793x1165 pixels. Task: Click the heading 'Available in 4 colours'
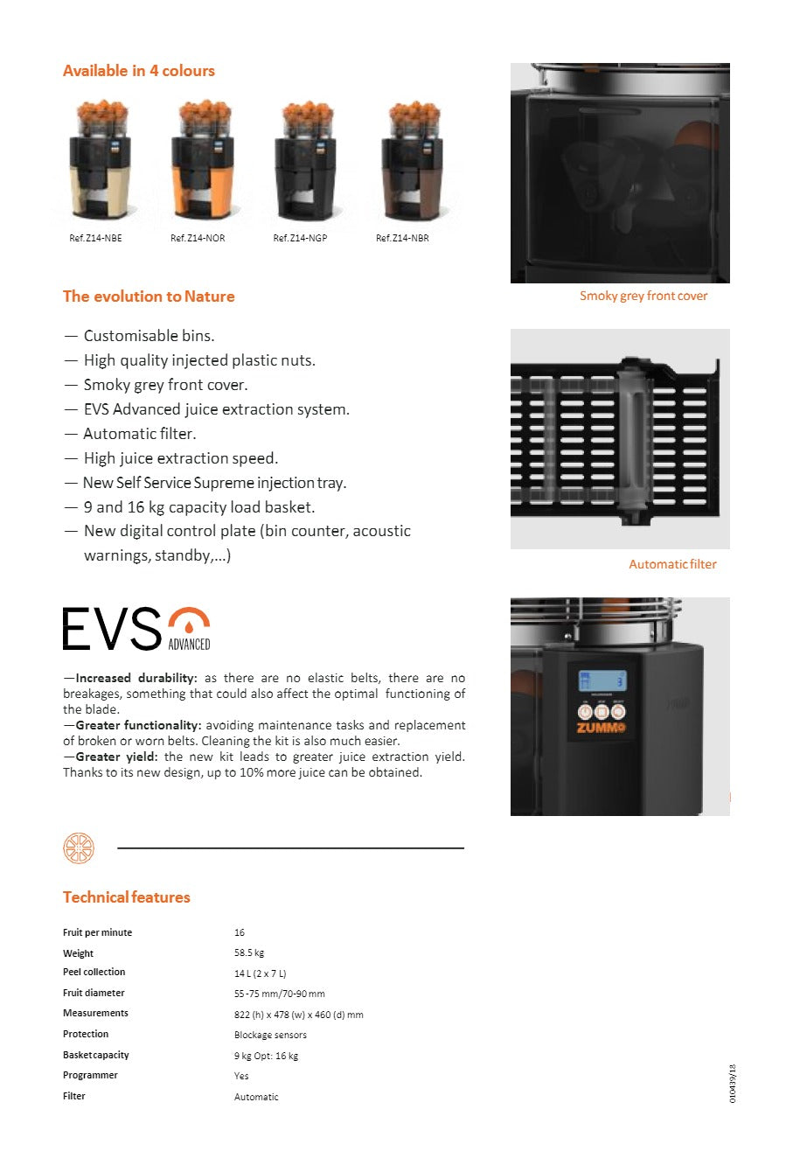click(138, 71)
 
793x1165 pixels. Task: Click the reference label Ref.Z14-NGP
click(300, 238)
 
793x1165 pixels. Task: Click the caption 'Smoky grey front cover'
click(643, 296)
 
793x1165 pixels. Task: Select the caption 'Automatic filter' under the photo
click(672, 564)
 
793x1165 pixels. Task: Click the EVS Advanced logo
click(136, 628)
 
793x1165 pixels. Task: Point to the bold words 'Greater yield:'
click(116, 757)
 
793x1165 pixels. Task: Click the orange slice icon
click(79, 848)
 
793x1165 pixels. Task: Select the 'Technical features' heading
click(126, 897)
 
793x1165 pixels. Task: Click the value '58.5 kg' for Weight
click(249, 952)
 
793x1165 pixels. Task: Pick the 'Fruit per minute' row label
click(97, 932)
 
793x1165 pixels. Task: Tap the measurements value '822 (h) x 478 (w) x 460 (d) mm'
click(298, 1015)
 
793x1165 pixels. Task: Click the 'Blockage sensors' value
click(270, 1035)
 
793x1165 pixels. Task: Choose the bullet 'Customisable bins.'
click(149, 336)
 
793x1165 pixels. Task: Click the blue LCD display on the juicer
click(602, 680)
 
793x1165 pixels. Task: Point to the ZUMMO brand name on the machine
click(601, 728)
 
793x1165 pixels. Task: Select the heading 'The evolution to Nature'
click(149, 296)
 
